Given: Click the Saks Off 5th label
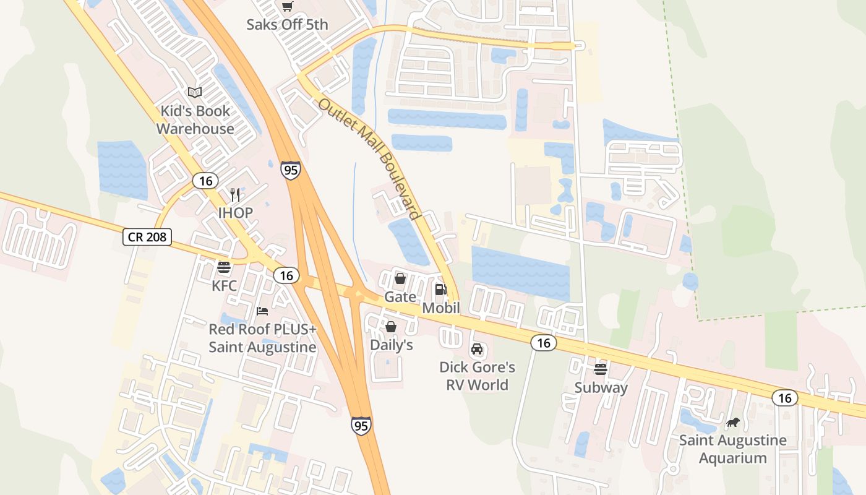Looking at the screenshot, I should tap(287, 25).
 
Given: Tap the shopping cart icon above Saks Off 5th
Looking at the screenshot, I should tap(287, 7).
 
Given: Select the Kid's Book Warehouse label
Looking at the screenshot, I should tap(195, 120).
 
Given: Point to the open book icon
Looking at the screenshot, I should tap(195, 93).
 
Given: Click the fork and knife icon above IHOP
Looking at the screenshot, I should tap(235, 195).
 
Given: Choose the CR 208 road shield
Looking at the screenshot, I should tap(147, 236).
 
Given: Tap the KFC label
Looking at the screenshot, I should tap(224, 286).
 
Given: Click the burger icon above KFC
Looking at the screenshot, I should tap(224, 268).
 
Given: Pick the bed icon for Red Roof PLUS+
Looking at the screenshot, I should tap(262, 311).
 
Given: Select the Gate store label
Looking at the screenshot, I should tap(400, 297).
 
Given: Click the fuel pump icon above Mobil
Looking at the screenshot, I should tap(440, 289).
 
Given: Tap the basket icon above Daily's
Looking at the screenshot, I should tap(391, 326).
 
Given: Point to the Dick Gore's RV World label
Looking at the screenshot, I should tap(477, 376).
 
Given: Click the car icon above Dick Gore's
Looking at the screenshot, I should tap(477, 349).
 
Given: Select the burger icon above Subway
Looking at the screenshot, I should tap(601, 369).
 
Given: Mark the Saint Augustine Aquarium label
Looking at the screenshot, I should tap(733, 449).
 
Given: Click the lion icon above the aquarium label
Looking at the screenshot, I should tap(733, 423).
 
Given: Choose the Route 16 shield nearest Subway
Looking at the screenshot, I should tap(544, 343).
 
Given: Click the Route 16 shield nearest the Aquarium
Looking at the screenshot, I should tap(785, 398).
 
